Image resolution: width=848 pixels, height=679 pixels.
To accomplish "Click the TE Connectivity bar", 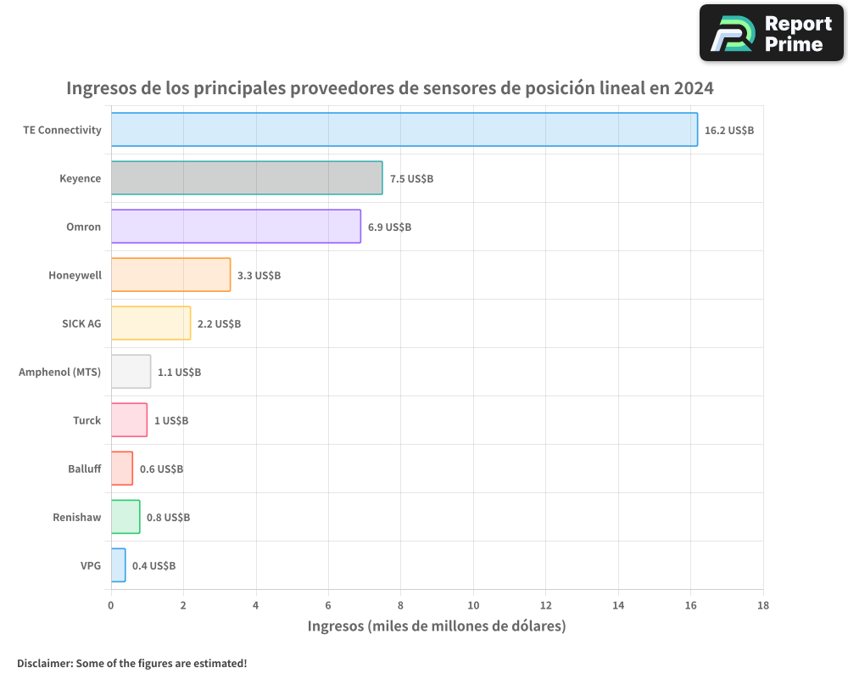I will click(x=404, y=130).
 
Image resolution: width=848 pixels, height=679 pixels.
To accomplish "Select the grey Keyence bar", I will click(x=246, y=178).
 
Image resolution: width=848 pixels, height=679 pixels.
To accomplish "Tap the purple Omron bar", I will click(x=235, y=227).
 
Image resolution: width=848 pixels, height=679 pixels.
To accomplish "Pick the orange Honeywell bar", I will click(x=170, y=275).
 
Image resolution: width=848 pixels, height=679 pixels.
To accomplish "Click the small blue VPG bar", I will click(x=118, y=565).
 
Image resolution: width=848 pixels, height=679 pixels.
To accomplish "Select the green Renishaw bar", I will click(x=126, y=517).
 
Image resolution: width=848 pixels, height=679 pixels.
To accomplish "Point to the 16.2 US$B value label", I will click(x=729, y=131).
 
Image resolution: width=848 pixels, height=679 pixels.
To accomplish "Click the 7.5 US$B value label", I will click(x=411, y=179).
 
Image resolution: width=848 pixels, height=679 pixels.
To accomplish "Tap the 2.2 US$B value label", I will click(x=219, y=324).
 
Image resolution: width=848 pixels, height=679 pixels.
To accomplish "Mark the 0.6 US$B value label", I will click(x=161, y=469).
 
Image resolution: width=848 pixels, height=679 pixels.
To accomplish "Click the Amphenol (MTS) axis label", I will click(x=59, y=372).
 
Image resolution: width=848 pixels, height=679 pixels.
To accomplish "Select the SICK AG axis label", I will click(x=81, y=323).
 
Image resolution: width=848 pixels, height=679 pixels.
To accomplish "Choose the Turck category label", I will click(x=86, y=420).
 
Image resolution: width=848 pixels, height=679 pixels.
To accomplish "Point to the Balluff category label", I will click(x=84, y=469).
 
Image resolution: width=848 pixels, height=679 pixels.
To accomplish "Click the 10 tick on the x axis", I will click(x=473, y=605).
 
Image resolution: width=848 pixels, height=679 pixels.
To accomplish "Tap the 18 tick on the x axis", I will click(x=762, y=605).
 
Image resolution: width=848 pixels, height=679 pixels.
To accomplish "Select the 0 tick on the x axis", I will click(x=111, y=605).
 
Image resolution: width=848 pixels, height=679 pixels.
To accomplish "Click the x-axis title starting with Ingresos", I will click(x=436, y=626).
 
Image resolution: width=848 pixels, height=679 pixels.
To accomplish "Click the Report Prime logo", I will click(x=772, y=33).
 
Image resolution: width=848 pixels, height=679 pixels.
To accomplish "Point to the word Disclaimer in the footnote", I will click(x=44, y=663).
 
